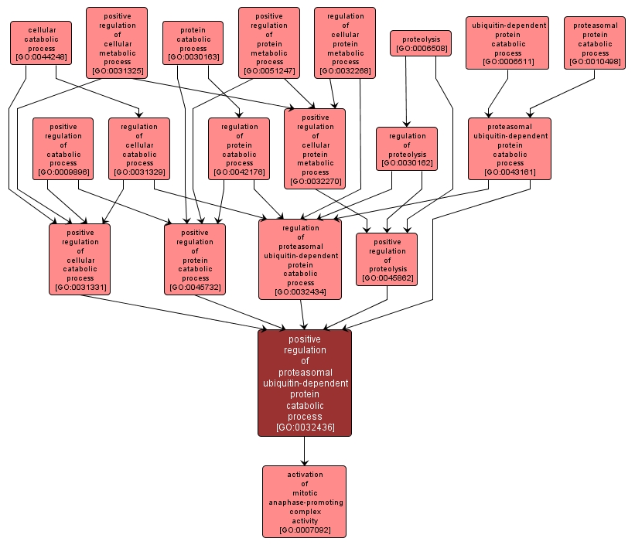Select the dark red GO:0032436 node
click(x=305, y=382)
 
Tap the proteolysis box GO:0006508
click(x=421, y=43)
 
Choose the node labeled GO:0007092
click(x=304, y=501)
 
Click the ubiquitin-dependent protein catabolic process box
click(x=507, y=43)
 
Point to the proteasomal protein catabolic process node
click(x=594, y=43)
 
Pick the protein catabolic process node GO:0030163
click(x=193, y=43)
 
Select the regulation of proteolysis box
click(x=407, y=149)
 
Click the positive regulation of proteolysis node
click(x=387, y=260)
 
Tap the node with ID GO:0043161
click(x=510, y=148)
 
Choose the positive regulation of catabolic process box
click(x=63, y=148)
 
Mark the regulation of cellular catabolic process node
click(x=139, y=148)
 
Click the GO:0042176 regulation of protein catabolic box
click(x=239, y=148)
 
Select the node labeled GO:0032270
click(x=315, y=148)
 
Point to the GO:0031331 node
click(x=80, y=260)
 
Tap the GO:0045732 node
click(x=195, y=260)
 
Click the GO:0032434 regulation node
click(x=300, y=260)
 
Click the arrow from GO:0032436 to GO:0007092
click(x=304, y=450)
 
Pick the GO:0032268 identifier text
click(x=345, y=71)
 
